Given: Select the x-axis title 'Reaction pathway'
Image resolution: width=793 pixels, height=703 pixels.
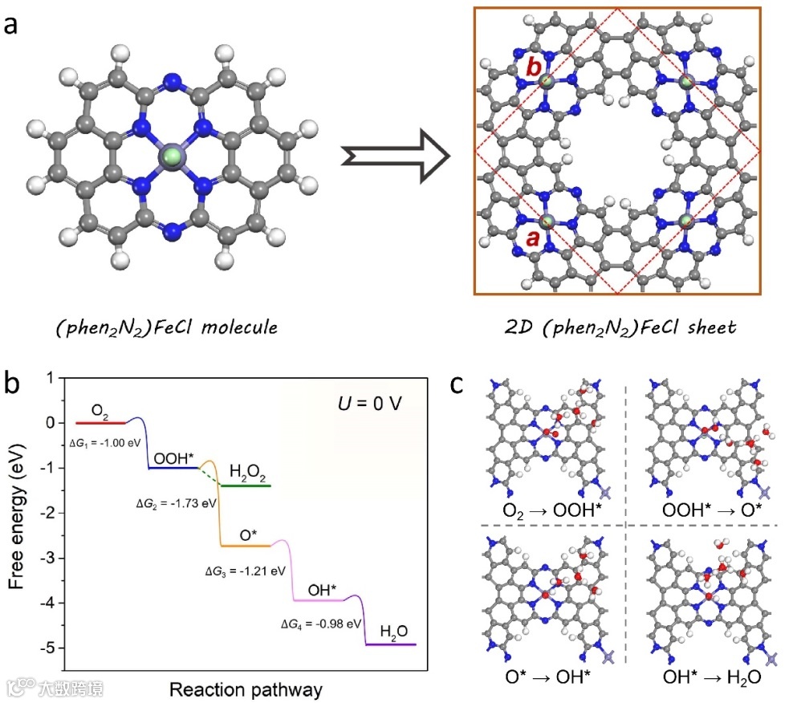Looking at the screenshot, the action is [x=246, y=689].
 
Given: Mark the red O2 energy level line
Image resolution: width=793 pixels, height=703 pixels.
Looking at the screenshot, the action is [x=100, y=421].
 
